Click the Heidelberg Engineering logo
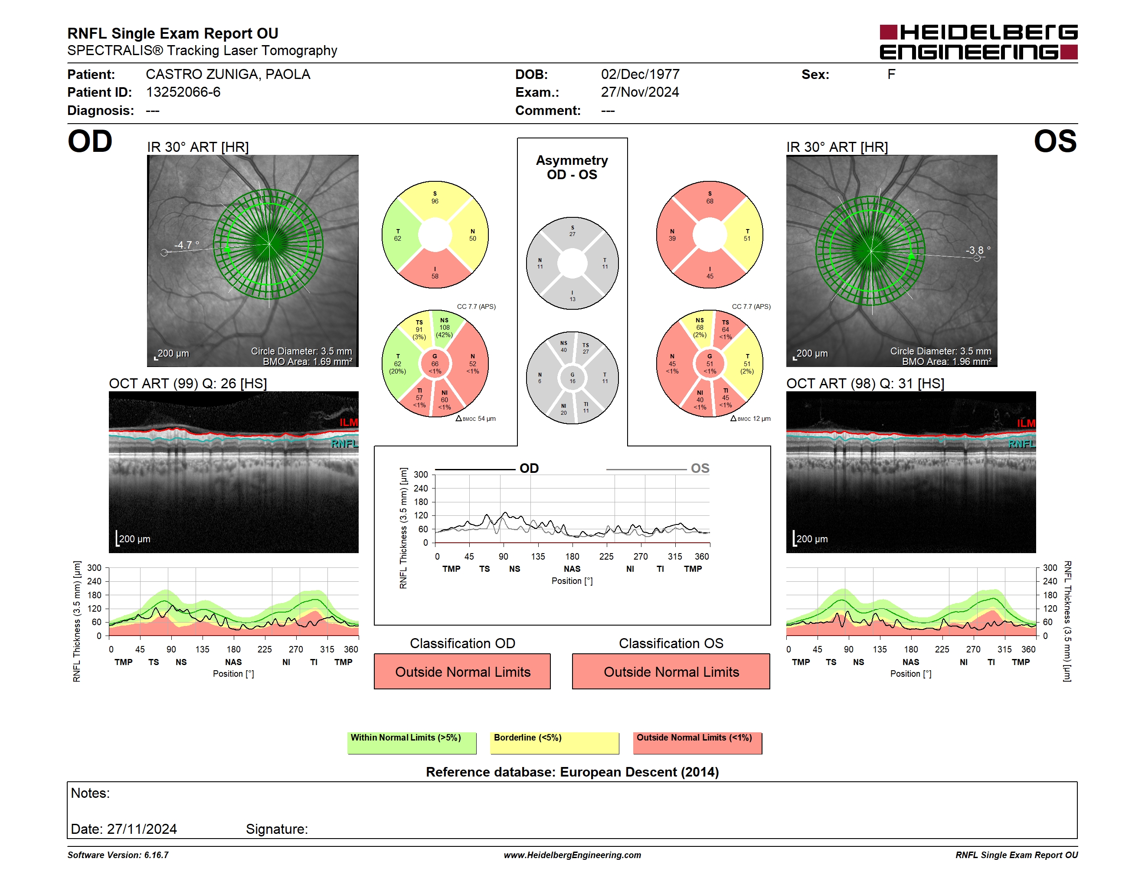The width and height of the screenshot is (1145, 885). click(x=978, y=42)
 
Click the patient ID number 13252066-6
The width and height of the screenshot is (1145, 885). click(x=183, y=92)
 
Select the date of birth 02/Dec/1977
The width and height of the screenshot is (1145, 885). click(x=640, y=75)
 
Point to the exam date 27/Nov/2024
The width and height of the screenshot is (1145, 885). click(x=640, y=92)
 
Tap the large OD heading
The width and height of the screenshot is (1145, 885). click(x=90, y=141)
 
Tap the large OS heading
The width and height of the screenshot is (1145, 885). click(x=1055, y=141)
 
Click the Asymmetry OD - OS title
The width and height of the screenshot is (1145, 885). click(x=572, y=167)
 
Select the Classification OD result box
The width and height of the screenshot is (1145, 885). click(x=462, y=671)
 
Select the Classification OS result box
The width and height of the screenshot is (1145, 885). click(x=671, y=671)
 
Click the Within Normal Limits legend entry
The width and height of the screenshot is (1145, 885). click(x=412, y=743)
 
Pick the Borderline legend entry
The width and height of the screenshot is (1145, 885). click(x=554, y=743)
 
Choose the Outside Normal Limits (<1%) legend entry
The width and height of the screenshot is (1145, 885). click(x=697, y=743)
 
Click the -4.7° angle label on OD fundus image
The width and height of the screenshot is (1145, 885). click(x=186, y=245)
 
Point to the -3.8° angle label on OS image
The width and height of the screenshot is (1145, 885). click(x=978, y=250)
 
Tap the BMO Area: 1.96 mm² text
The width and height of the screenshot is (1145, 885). click(x=946, y=362)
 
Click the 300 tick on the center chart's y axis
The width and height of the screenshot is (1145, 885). click(x=421, y=475)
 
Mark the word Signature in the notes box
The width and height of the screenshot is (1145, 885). click(x=277, y=829)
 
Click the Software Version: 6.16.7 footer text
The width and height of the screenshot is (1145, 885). click(x=118, y=855)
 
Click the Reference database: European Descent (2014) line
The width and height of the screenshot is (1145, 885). click(x=572, y=772)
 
